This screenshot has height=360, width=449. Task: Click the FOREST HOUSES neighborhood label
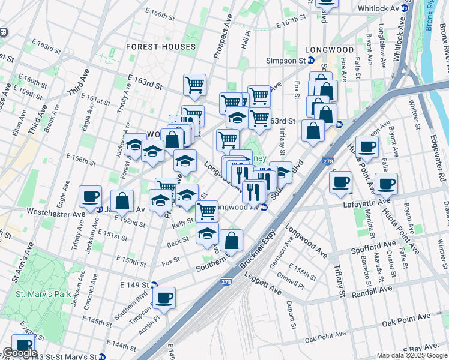pos(161,46)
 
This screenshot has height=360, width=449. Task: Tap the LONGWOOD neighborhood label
pos(328,50)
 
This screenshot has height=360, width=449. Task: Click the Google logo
pos(19,353)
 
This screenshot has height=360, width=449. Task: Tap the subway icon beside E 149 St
pos(154,285)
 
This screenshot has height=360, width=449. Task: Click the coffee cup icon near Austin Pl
pos(164,297)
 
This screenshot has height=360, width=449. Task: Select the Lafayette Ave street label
pos(367,204)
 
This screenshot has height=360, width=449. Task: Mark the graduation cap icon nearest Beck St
pos(207,233)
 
